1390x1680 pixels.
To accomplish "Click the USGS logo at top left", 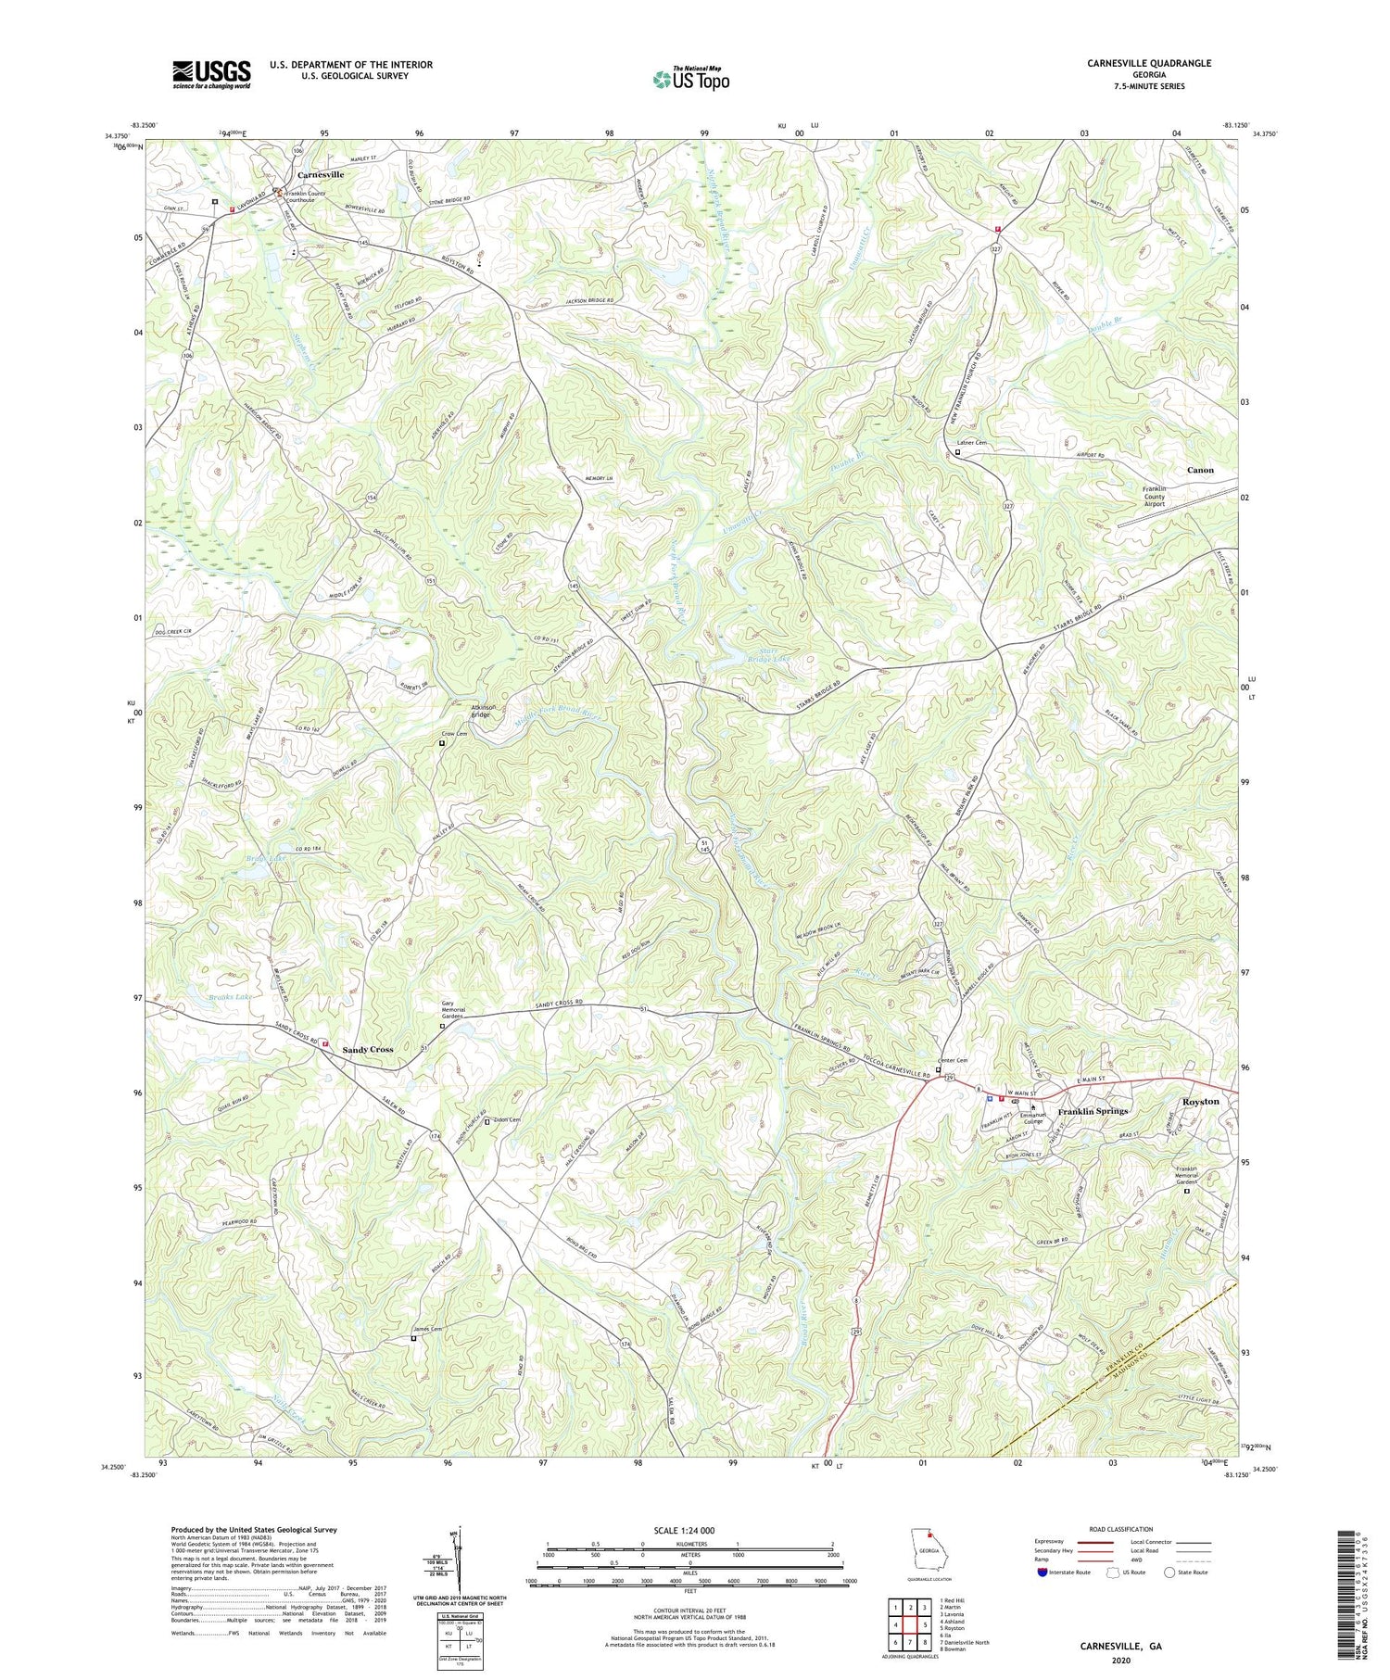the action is click(211, 74).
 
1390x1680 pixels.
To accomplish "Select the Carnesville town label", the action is click(321, 174).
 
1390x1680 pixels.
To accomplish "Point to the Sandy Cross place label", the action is click(368, 1049).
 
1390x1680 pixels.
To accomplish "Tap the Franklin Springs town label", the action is click(1093, 1110).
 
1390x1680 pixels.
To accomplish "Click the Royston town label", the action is click(1200, 1101).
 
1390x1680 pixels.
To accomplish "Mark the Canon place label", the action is click(1200, 470).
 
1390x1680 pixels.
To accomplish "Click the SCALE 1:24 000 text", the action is click(689, 1530).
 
